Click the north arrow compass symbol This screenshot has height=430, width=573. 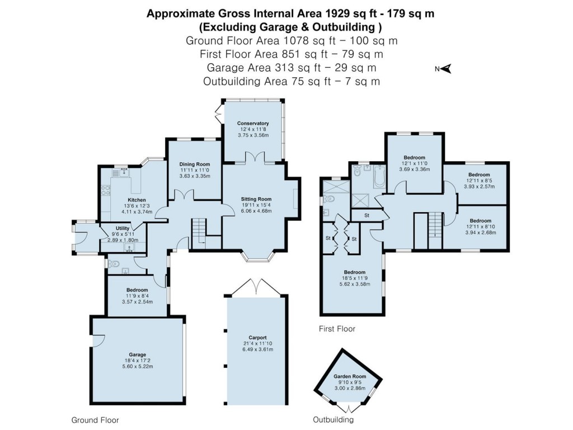(447, 69)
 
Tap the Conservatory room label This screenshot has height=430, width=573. (253, 123)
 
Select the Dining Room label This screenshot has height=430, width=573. (195, 163)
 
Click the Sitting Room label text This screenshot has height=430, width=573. (256, 199)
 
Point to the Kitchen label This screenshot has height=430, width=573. (137, 200)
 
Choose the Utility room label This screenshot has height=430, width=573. (122, 228)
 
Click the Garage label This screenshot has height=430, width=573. (137, 354)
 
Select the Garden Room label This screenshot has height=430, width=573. (349, 377)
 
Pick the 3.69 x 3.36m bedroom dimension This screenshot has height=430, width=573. (415, 169)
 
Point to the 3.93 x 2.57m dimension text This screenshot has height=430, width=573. (479, 186)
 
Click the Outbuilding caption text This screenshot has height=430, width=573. (333, 419)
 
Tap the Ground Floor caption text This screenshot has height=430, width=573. (95, 419)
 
